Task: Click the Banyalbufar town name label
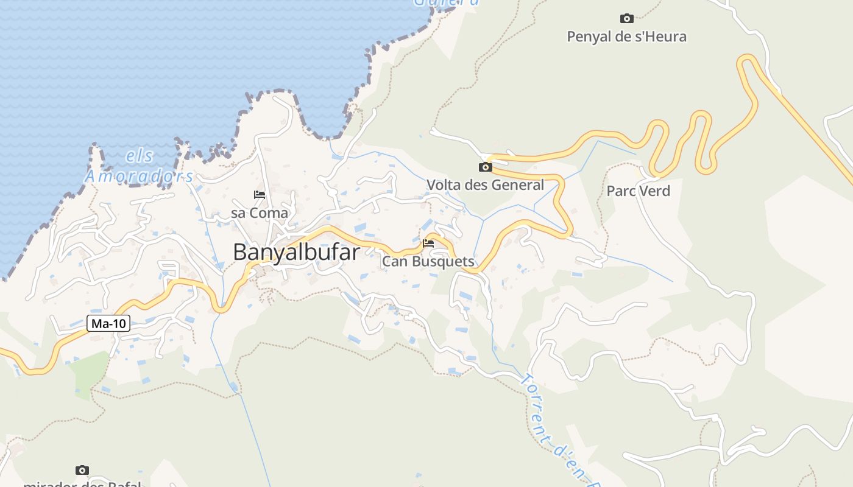[x=296, y=252]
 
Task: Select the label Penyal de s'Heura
[x=626, y=37]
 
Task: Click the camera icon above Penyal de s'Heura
[x=626, y=18]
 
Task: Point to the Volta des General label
[x=485, y=185]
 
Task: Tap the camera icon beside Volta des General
[x=485, y=167]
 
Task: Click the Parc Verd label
[x=638, y=191]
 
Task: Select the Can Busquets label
[x=428, y=262]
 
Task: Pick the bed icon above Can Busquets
[x=428, y=243]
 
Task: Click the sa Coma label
[x=260, y=213]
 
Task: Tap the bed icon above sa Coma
[x=260, y=195]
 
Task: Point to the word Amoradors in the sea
[x=139, y=177]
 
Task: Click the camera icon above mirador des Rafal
[x=82, y=470]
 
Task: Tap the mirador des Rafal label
[x=82, y=484]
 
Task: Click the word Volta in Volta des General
[x=444, y=185]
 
